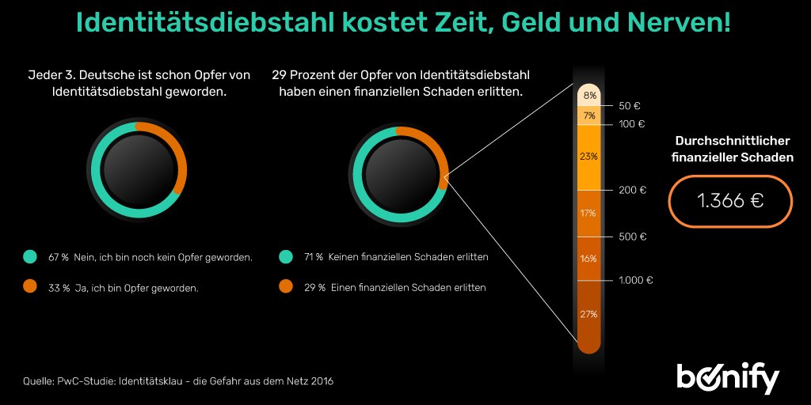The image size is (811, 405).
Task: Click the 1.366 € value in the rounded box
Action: click(x=729, y=201)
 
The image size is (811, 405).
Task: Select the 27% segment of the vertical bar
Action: click(x=588, y=314)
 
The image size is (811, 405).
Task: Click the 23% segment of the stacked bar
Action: click(x=588, y=157)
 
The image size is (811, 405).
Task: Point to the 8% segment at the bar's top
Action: click(x=588, y=96)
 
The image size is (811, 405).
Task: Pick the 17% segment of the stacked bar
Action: click(x=588, y=214)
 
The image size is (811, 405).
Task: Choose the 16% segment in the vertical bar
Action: click(x=588, y=259)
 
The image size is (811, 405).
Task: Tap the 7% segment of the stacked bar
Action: click(x=588, y=115)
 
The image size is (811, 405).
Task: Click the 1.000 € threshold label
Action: click(x=636, y=280)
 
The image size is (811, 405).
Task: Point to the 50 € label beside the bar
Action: click(x=630, y=105)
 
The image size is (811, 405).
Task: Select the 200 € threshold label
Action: click(x=633, y=190)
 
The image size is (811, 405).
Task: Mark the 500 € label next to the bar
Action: click(x=633, y=237)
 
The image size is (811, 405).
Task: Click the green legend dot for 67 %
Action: click(x=30, y=257)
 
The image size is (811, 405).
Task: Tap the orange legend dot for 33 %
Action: click(x=30, y=288)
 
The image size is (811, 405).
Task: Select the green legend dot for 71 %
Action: click(x=286, y=257)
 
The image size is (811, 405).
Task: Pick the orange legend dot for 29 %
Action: click(x=286, y=288)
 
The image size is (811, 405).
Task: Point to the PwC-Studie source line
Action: click(x=178, y=381)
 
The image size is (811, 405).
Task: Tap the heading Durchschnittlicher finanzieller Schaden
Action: click(x=733, y=149)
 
